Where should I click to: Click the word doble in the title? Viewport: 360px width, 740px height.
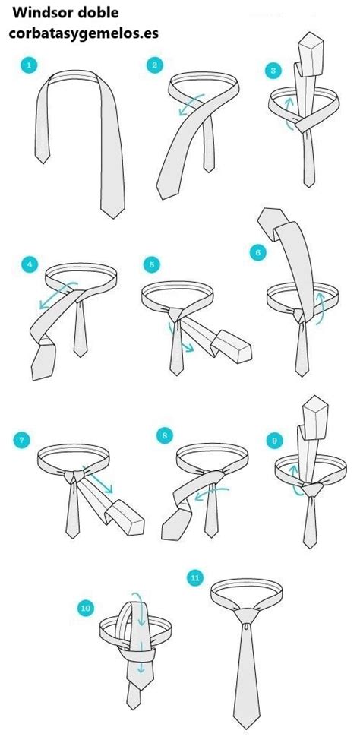99,13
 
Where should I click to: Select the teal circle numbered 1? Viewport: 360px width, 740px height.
30,65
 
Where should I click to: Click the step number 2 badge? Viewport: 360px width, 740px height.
154,65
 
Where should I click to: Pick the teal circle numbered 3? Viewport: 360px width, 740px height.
273,71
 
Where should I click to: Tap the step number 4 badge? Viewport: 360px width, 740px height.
30,264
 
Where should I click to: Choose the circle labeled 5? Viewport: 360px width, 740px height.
151,264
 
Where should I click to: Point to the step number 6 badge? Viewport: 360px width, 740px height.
257,252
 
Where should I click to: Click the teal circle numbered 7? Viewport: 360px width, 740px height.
21,441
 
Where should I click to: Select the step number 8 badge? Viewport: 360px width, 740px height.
164,435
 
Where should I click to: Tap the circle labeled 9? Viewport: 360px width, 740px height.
274,441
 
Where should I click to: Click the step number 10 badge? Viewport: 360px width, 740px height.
85,609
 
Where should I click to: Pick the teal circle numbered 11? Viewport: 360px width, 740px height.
195,577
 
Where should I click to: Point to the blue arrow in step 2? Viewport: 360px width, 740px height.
191,105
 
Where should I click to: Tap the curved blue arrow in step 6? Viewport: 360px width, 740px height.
321,308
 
